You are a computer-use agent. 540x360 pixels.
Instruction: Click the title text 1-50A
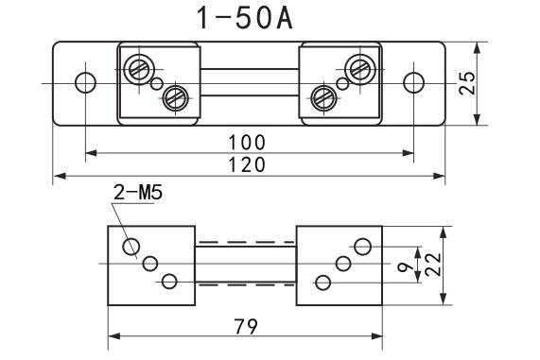(245, 18)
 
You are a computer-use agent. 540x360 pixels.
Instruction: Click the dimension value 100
(247, 142)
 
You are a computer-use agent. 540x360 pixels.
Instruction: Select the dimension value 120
(247, 164)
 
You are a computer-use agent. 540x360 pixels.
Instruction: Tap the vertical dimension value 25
(467, 83)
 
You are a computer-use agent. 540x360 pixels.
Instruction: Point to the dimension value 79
(246, 327)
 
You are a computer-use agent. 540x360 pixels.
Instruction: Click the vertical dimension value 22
(433, 265)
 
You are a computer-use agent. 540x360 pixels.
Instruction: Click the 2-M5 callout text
(138, 193)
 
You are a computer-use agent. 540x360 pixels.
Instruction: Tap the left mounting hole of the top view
(85, 83)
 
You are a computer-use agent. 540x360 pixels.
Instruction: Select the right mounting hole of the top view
(413, 83)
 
